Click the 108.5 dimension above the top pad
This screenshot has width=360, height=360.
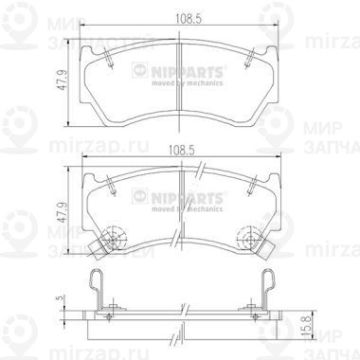click(178, 16)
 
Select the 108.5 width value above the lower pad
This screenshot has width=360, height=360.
click(178, 149)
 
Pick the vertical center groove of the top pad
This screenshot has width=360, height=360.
click(179, 85)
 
